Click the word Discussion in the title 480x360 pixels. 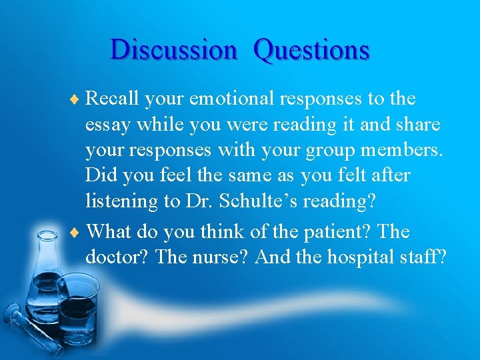(173, 50)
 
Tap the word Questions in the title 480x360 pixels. (311, 50)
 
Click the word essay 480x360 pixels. (107, 125)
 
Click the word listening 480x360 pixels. (123, 201)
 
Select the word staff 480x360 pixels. (425, 257)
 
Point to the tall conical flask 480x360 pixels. (45, 280)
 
